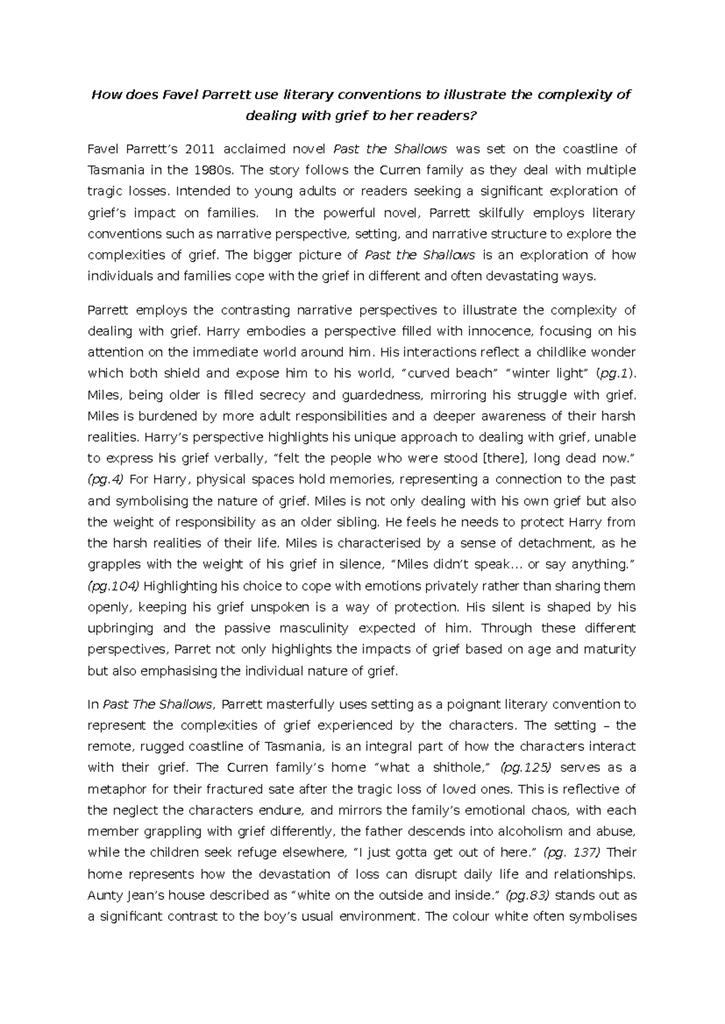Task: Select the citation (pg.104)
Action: coord(114,586)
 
